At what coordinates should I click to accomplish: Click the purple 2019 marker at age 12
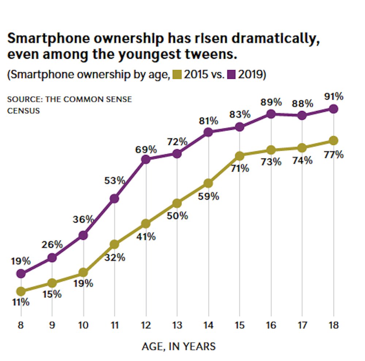[146, 160]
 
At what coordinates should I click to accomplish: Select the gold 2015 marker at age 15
[239, 156]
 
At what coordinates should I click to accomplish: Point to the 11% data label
[21, 303]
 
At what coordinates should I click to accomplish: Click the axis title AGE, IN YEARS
[178, 346]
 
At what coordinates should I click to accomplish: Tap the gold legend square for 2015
[177, 75]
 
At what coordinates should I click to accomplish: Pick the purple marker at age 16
[271, 114]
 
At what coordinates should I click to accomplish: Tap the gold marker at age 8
[21, 291]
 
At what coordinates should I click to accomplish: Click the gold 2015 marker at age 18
[333, 141]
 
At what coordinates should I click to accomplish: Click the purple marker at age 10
[83, 235]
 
